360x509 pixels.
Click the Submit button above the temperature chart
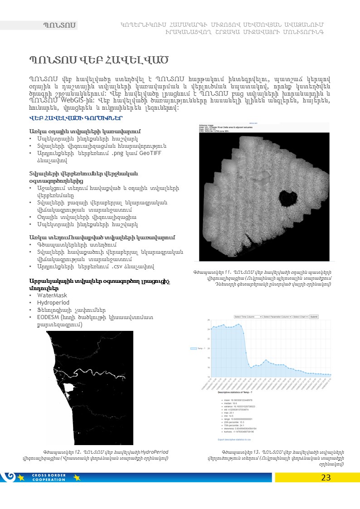tap(314, 317)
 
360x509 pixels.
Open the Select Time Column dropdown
tap(248, 317)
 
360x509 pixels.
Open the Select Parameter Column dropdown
tap(277, 317)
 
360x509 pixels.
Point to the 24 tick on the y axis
tap(209, 329)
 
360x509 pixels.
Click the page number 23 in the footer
tap(326, 477)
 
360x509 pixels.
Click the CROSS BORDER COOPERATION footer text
tap(49, 477)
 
